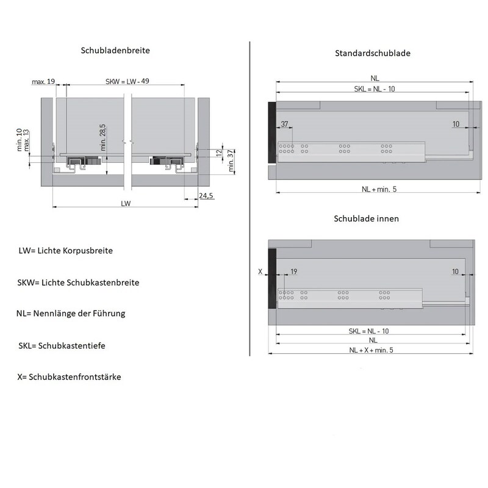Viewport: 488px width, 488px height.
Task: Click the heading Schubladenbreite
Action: [115, 51]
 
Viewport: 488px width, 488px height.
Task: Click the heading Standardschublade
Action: [373, 53]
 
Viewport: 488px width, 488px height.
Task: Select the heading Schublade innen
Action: [367, 218]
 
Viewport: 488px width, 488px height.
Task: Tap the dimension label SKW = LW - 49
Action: [127, 81]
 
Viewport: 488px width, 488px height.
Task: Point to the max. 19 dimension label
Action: [43, 82]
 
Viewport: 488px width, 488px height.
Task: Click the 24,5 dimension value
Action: [206, 196]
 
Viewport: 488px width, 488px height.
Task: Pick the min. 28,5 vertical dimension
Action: [102, 138]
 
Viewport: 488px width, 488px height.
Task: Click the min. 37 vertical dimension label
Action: [231, 160]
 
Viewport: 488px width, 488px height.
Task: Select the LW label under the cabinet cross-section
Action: [126, 204]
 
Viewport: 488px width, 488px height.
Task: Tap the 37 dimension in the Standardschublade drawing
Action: [284, 124]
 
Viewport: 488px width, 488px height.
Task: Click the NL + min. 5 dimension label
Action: [379, 189]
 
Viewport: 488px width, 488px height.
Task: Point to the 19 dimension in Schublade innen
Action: [294, 271]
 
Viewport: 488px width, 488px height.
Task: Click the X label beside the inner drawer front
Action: [260, 271]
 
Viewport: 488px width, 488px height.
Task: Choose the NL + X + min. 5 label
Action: [371, 350]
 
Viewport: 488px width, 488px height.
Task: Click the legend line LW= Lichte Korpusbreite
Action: [66, 251]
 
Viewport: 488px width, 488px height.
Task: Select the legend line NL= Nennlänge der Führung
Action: [71, 314]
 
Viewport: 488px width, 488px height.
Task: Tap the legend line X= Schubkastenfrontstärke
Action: [69, 377]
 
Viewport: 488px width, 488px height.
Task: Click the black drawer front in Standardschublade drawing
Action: [272, 132]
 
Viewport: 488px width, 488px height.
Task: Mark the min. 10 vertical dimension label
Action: [20, 140]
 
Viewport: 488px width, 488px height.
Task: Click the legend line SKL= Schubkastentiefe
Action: [62, 346]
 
